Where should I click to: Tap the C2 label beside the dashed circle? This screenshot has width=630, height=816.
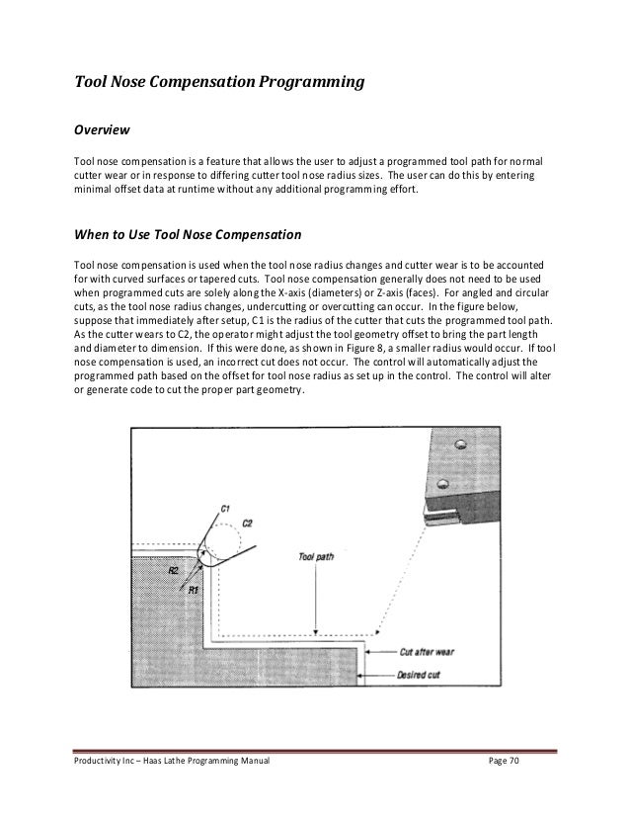[x=249, y=523]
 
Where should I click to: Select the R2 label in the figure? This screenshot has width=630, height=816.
[x=172, y=571]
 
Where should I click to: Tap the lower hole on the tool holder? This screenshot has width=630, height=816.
[x=443, y=484]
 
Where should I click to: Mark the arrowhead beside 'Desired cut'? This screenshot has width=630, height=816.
[x=371, y=677]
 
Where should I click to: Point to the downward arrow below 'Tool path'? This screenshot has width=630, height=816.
[x=315, y=630]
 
